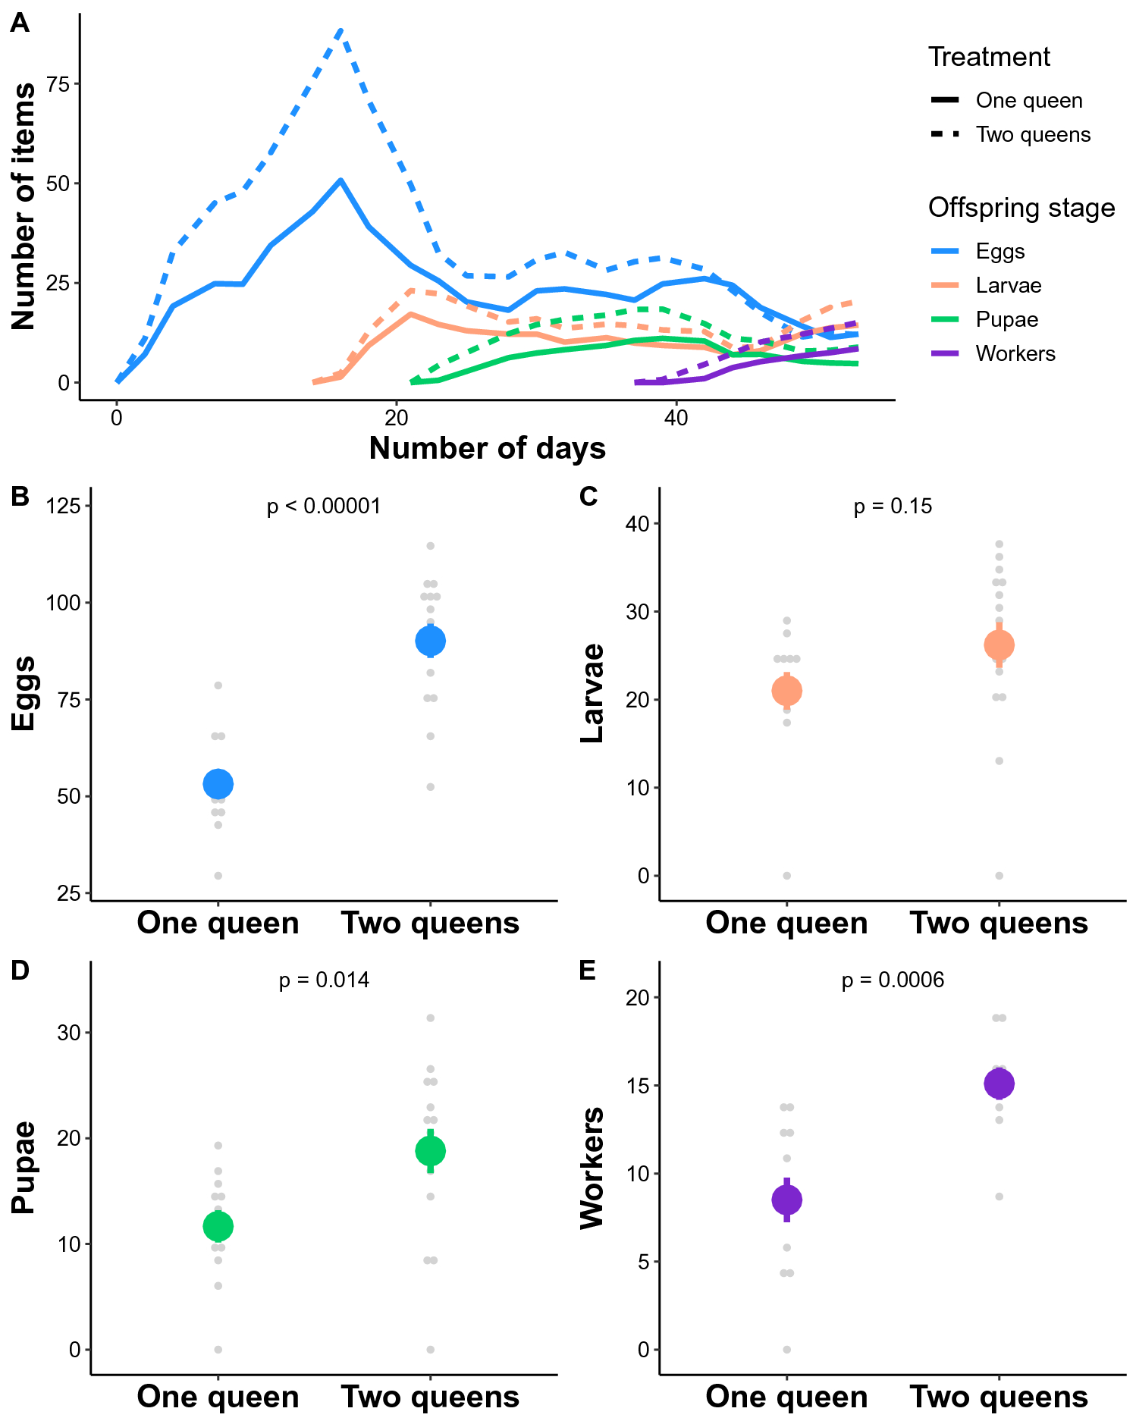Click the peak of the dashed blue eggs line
coord(341,30)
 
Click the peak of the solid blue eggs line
coord(341,180)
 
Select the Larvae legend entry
coord(1008,285)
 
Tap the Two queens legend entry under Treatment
coord(1032,134)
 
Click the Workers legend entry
coord(1015,353)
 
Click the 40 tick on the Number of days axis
coord(676,418)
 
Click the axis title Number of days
coord(487,448)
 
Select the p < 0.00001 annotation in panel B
coord(324,506)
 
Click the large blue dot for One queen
coord(218,784)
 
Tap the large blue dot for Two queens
coord(430,641)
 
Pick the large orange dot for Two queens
coord(999,645)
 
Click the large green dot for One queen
coord(218,1226)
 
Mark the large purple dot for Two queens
coord(999,1084)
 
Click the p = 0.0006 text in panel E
coord(893,980)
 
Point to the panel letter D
coord(20,970)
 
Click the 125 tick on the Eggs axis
coord(63,506)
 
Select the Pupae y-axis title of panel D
coord(24,1167)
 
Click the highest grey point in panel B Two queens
coord(430,546)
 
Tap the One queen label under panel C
coord(786,923)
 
